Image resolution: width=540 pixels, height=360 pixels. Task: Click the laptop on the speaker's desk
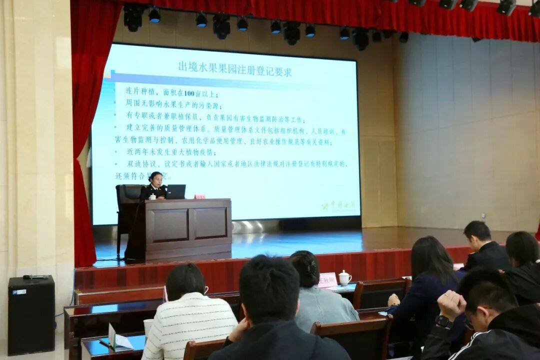coord(175,191)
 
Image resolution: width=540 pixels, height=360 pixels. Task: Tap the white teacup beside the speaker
coord(152,197)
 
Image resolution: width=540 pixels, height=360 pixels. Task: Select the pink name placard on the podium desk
coord(199,196)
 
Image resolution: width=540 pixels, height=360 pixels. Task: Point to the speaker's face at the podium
coord(156,178)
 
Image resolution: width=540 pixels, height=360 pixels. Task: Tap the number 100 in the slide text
coord(188,93)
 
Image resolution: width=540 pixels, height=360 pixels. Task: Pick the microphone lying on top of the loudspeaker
coord(35,276)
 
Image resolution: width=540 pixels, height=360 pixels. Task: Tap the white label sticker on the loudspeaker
coord(19,292)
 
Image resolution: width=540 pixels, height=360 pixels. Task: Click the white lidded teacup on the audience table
coord(344,278)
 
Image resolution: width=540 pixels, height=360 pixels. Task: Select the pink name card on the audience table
coord(327,280)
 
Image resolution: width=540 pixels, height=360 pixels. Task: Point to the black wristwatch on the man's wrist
coord(443,321)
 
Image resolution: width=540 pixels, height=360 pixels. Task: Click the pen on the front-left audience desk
coord(105,343)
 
